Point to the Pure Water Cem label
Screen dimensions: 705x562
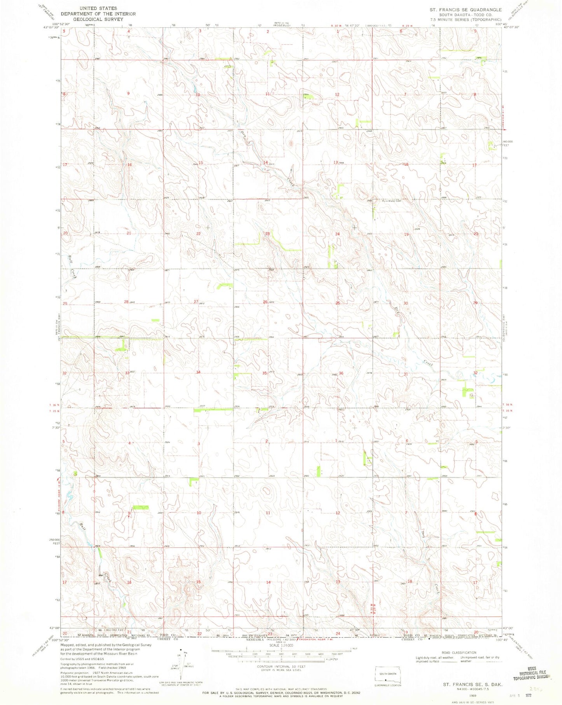[391, 201]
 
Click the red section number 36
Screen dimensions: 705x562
[341, 373]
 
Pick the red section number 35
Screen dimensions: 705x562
[264, 373]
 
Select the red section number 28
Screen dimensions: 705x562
[126, 302]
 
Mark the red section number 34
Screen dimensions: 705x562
[198, 372]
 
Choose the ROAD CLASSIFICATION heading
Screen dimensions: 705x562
[459, 653]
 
